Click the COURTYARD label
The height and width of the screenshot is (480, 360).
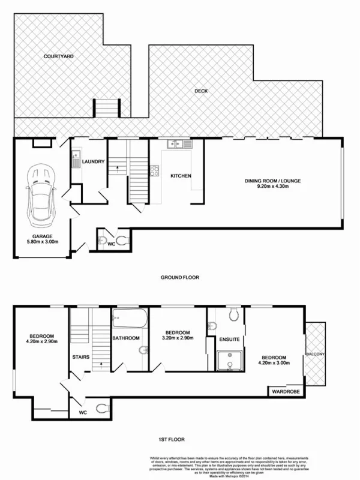point(58,56)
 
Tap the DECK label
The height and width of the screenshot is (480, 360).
point(201,92)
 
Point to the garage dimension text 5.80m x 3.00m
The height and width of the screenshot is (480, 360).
point(41,242)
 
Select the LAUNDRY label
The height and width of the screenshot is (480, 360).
point(94,161)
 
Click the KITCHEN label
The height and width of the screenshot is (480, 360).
point(181,176)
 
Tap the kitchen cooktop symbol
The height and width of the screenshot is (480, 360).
point(154,169)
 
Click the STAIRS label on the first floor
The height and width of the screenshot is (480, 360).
point(81,357)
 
